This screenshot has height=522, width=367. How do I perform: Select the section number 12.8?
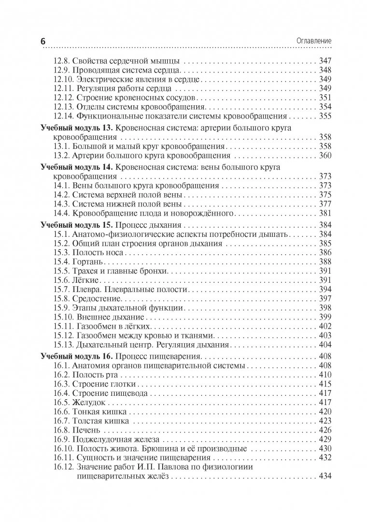click(x=61, y=61)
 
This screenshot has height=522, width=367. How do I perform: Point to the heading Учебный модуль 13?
click(x=73, y=128)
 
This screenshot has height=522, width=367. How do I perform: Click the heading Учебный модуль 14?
click(x=73, y=167)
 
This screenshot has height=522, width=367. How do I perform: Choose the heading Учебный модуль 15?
click(x=73, y=225)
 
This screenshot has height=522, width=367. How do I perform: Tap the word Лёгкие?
click(x=86, y=281)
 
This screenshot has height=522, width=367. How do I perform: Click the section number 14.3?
click(x=61, y=204)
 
